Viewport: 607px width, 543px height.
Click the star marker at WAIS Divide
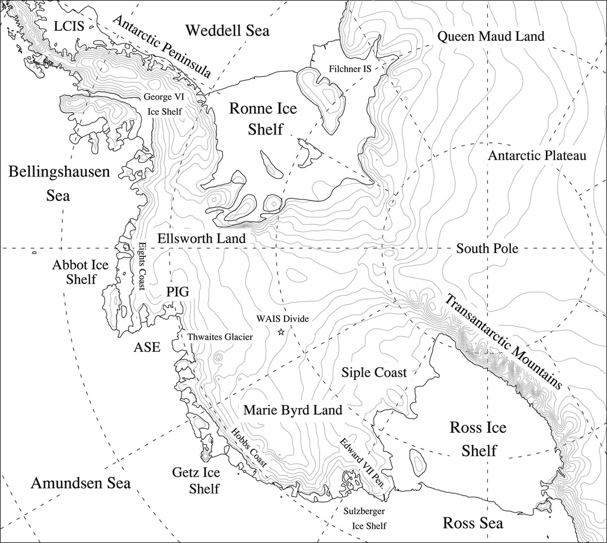click(281, 332)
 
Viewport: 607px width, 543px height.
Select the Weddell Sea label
click(227, 30)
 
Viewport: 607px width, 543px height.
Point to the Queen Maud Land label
click(490, 37)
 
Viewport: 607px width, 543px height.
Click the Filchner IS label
click(349, 69)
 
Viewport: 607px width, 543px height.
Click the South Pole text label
click(487, 249)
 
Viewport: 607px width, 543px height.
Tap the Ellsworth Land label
click(201, 237)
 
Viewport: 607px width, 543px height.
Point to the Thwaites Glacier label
click(220, 337)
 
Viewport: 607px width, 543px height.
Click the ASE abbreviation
click(146, 347)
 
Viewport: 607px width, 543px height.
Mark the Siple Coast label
click(374, 372)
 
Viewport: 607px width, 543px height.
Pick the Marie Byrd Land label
click(292, 410)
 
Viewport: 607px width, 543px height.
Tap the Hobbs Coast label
click(248, 448)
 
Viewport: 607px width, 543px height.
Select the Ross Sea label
click(473, 523)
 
